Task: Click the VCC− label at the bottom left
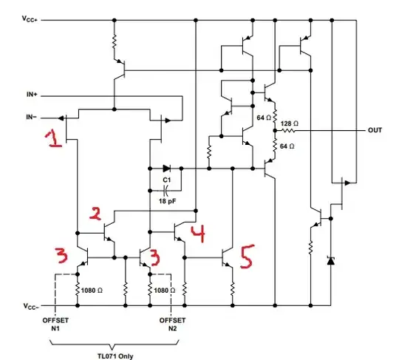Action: point(31,305)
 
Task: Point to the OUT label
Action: point(375,130)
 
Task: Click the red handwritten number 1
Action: point(53,137)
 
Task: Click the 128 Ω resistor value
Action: point(290,123)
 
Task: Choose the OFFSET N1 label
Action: point(55,324)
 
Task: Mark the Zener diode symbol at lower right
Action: point(330,259)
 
